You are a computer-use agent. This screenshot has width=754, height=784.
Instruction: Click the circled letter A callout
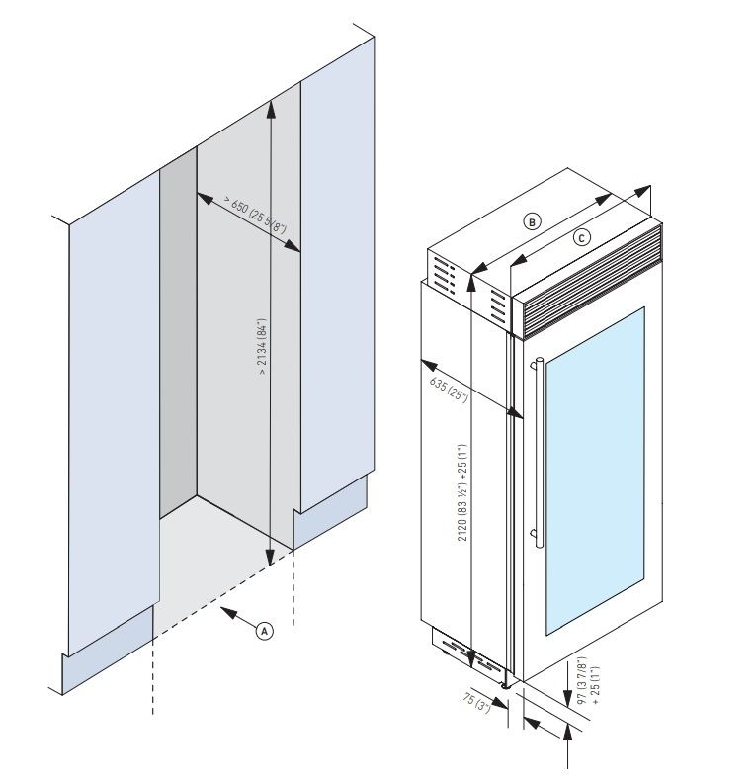point(264,629)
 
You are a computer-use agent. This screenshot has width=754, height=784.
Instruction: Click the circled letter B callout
point(532,221)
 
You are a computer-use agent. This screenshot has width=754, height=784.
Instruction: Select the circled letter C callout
point(582,237)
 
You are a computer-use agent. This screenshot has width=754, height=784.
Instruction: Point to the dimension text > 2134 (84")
point(262,346)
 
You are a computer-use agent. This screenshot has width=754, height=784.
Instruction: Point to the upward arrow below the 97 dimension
point(569,736)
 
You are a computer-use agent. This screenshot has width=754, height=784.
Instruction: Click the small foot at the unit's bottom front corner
point(507,684)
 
